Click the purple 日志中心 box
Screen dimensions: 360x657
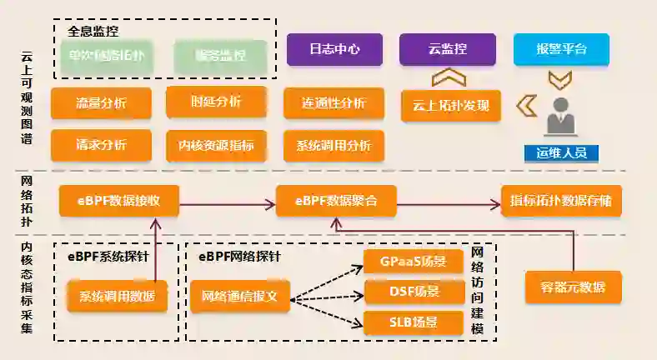[334, 49]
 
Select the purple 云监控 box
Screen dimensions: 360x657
[447, 49]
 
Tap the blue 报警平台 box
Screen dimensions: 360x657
[561, 49]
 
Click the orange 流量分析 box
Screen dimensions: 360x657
[101, 103]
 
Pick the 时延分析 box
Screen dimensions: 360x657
[216, 102]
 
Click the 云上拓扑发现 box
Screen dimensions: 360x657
[450, 106]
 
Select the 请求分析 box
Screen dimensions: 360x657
[101, 144]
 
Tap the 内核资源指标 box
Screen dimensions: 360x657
[216, 144]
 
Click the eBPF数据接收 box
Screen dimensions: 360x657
[120, 201]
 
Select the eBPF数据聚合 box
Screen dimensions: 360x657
[336, 201]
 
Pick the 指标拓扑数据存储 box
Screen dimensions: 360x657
[561, 201]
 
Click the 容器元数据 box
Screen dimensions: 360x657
[574, 287]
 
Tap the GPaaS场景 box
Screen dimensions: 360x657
[414, 262]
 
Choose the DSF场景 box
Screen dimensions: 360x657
[414, 292]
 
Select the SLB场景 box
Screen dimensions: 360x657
[414, 322]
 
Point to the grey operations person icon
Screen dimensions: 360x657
[561, 117]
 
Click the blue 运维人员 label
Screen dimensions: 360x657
[561, 152]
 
